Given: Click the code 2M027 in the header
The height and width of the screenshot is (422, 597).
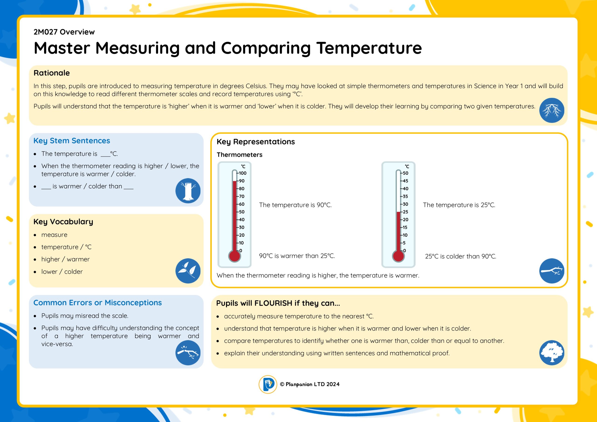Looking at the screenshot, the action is [46, 32].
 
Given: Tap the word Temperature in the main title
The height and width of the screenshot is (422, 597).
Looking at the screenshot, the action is [369, 48].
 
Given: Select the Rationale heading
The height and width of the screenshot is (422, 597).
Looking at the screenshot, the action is [52, 73].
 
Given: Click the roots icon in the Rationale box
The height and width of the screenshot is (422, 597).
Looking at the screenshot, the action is [552, 110].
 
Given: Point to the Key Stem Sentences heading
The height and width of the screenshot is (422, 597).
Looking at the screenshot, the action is [72, 141].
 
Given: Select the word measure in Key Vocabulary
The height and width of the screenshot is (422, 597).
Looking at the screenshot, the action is [54, 235].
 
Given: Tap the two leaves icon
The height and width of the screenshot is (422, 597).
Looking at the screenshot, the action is [188, 271].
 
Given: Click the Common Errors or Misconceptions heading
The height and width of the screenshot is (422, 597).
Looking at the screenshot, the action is [97, 303].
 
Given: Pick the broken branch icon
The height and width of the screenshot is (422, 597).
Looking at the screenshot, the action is [188, 353].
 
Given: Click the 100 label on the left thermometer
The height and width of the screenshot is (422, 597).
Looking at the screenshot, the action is [243, 173].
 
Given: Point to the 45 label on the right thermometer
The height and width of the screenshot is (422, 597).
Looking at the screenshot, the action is [406, 181].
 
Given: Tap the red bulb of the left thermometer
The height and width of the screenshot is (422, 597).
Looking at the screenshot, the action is [234, 256].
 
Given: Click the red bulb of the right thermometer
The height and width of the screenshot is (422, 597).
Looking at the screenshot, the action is [398, 256].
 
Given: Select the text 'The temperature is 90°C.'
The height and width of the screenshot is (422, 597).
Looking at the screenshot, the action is [295, 205].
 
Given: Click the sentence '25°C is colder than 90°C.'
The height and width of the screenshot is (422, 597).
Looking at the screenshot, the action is [461, 256].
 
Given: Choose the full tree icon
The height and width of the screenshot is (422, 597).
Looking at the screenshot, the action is [552, 353].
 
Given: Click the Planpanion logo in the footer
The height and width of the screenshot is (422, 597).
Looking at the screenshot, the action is [268, 384].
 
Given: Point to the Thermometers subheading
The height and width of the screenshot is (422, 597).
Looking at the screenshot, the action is [239, 155].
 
